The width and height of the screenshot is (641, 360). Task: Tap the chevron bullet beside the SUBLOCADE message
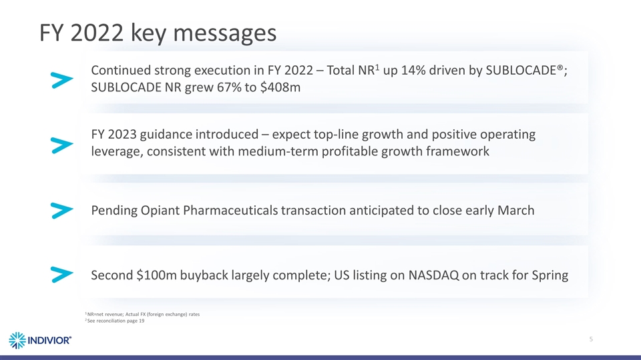(x=61, y=80)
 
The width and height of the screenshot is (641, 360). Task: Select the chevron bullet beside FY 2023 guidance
(x=61, y=145)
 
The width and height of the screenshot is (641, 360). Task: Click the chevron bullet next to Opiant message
(x=61, y=211)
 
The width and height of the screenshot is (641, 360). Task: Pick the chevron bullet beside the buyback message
(x=61, y=275)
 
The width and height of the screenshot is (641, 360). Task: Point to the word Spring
(x=548, y=275)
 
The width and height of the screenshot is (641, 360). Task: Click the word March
(x=513, y=211)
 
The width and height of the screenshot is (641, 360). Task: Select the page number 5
(x=592, y=339)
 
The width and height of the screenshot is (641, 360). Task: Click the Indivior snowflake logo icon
(x=19, y=340)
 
